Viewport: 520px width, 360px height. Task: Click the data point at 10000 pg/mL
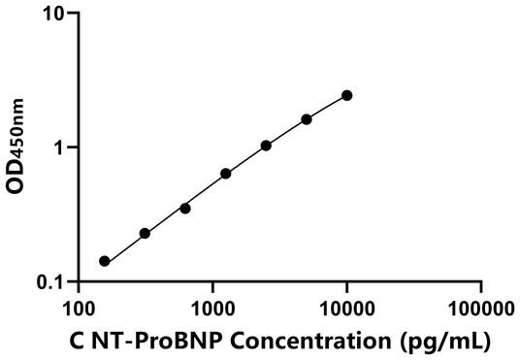click(x=347, y=95)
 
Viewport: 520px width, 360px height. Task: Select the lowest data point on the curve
click(x=105, y=261)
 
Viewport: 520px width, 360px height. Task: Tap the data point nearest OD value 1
click(x=266, y=146)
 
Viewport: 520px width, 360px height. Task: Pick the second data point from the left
click(x=145, y=233)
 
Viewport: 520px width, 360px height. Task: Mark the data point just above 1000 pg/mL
click(x=226, y=174)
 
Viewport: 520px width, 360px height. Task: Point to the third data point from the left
click(x=185, y=208)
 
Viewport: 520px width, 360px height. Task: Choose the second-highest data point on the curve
click(x=307, y=119)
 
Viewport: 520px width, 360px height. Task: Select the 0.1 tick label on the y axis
click(x=52, y=282)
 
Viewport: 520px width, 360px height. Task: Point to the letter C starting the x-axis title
click(x=77, y=342)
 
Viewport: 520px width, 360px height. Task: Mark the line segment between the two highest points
click(x=327, y=107)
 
